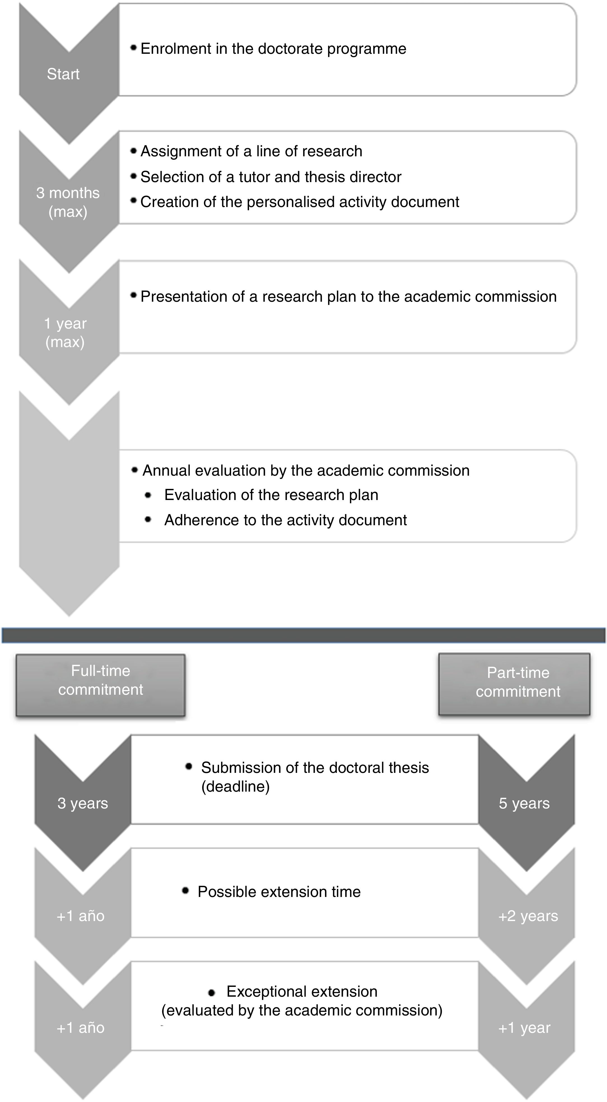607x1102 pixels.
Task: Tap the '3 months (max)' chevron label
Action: [x=68, y=202]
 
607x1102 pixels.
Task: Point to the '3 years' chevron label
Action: [x=83, y=803]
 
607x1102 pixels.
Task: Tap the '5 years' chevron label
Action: [x=524, y=803]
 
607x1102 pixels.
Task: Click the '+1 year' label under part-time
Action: [x=524, y=1027]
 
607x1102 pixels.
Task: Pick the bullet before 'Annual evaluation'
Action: [x=135, y=470]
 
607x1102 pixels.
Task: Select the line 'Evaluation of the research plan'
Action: [x=271, y=495]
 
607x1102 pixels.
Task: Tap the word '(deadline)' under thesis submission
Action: [x=235, y=786]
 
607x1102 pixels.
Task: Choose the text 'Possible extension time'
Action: [x=279, y=892]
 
